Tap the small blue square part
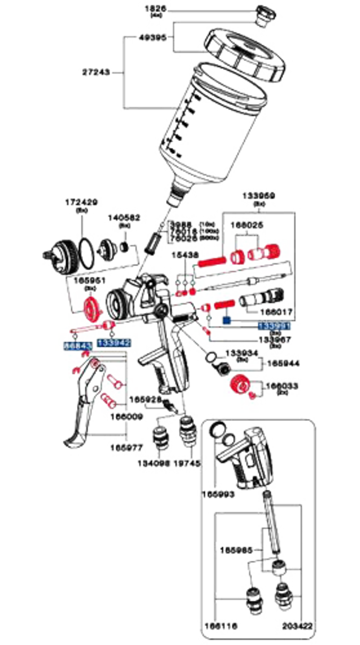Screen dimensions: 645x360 (226, 320)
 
